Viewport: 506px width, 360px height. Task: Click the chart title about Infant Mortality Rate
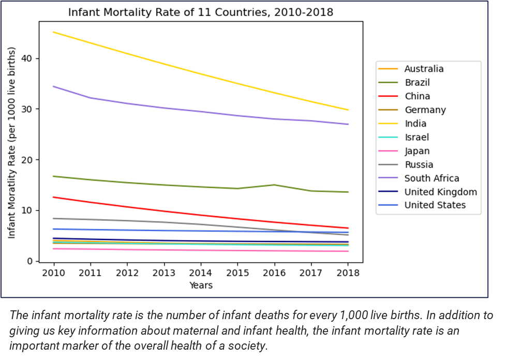[201, 12]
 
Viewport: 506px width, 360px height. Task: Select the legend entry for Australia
[424, 69]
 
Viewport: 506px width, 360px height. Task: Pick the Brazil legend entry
[416, 82]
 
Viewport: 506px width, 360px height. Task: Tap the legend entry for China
[416, 96]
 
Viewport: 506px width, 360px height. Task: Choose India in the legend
[415, 124]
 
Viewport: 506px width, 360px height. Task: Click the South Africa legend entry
[431, 178]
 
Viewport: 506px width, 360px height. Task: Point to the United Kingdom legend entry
[440, 192]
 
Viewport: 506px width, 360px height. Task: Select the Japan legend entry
[416, 151]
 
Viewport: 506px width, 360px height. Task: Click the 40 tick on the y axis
[26, 58]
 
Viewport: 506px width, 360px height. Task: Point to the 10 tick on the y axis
[26, 211]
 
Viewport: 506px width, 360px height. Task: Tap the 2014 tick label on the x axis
[200, 273]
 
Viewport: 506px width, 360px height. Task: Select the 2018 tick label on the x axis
[348, 273]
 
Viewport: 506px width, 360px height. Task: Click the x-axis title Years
[200, 285]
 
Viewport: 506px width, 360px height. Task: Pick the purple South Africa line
[200, 111]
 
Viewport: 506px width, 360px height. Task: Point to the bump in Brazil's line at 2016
[274, 185]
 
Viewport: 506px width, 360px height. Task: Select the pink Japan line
[200, 250]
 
